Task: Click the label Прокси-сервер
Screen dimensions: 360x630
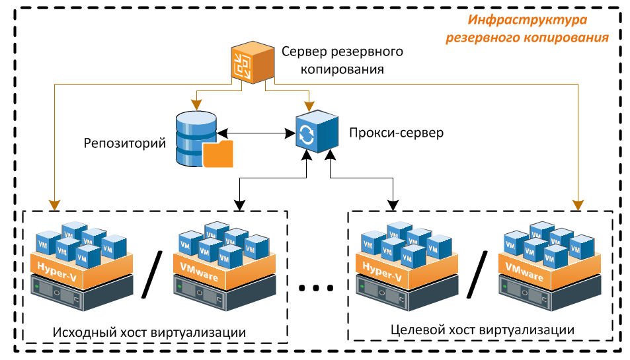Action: [395, 133]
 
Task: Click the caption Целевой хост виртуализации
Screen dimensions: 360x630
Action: [481, 329]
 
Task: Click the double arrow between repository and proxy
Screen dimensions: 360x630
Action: [256, 134]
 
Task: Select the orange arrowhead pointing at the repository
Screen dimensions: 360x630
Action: [196, 104]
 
